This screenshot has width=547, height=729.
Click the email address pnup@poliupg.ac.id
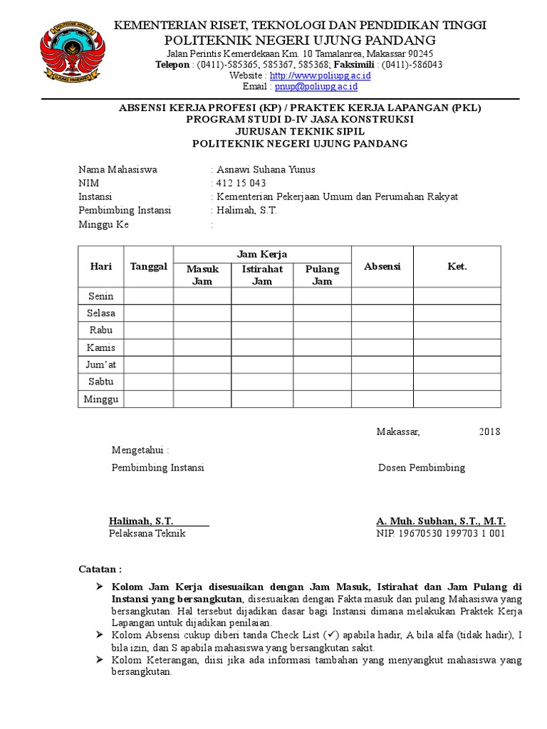[316, 87]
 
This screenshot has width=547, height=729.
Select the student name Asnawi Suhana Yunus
[265, 169]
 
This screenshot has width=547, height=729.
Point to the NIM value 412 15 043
[241, 183]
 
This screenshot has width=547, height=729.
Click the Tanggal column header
[148, 266]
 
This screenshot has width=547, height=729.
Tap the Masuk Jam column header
[202, 275]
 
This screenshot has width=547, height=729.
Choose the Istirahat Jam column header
[262, 275]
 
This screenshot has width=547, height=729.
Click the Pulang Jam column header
[322, 275]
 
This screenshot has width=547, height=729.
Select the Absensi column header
[382, 266]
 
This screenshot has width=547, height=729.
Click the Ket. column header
[457, 266]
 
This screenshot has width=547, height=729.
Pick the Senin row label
[100, 296]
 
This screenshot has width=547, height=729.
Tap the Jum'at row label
[100, 364]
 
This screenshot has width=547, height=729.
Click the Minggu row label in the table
[100, 399]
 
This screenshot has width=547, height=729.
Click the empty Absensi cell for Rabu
[382, 330]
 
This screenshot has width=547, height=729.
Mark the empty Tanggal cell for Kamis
[148, 347]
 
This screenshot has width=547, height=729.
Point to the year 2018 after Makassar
[489, 431]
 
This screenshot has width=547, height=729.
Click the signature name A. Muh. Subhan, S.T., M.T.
[440, 521]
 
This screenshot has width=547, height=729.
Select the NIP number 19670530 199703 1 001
[440, 533]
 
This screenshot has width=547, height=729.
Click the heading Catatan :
[99, 570]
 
